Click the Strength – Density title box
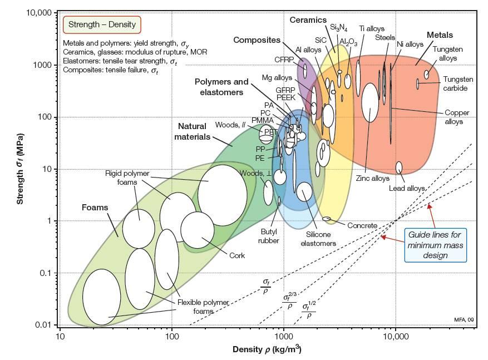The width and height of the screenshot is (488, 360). [102, 24]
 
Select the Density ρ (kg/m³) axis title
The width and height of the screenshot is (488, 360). [267, 349]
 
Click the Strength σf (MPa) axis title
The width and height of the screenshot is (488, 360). [20, 169]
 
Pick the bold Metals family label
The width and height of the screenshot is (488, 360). [440, 35]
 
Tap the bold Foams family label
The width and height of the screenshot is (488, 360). [95, 208]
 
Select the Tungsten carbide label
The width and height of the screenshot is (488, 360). [458, 83]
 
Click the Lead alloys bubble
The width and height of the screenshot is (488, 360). [399, 167]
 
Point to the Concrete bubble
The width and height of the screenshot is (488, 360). [327, 219]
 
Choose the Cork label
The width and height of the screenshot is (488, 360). [237, 255]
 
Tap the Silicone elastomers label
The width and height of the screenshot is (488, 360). [318, 239]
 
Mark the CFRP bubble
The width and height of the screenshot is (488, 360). [305, 71]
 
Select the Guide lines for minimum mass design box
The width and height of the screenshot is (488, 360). [435, 245]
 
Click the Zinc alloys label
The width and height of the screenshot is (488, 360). [373, 178]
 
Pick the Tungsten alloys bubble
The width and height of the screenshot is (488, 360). [427, 75]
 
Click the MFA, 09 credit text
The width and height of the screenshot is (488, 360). [464, 319]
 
